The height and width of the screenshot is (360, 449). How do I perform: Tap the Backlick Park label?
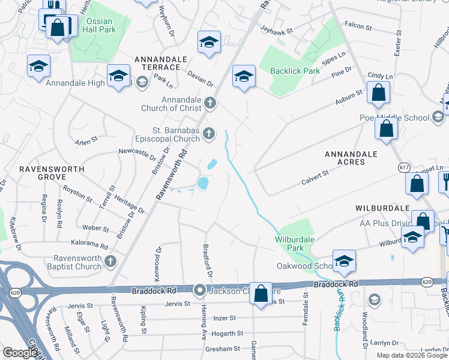coord(295,71)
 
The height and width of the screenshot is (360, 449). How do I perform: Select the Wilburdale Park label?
coord(295,243)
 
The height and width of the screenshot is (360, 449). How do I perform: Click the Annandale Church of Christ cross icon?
coord(209,103)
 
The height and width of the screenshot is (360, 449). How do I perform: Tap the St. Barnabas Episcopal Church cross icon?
coord(209,133)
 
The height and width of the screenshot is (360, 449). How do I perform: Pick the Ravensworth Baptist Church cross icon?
coord(110,261)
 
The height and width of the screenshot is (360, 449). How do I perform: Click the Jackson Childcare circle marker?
coord(199,291)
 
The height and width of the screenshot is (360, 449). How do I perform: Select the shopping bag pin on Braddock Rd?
coord(261,294)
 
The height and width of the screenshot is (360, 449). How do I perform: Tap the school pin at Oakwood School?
coord(344,260)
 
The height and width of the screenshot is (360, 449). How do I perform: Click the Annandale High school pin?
coord(119,76)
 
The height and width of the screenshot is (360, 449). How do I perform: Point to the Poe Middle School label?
coord(394,118)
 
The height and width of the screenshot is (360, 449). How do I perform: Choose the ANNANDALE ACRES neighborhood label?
coord(351,158)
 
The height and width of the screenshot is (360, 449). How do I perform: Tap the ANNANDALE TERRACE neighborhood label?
coord(161,59)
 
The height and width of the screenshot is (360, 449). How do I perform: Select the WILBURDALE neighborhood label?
coord(382,207)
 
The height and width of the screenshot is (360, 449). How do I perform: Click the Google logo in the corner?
coord(20,353)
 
